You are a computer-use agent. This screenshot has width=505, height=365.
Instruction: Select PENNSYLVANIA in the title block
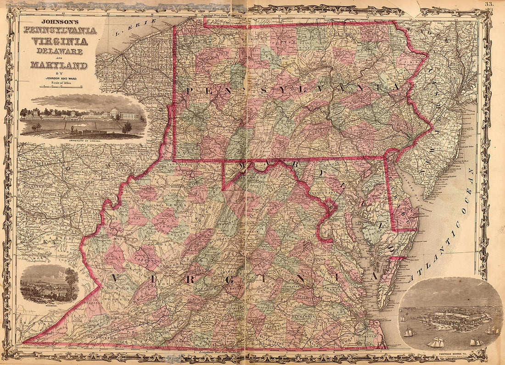click(x=60, y=31)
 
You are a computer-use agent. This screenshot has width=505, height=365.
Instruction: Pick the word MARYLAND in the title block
click(x=59, y=65)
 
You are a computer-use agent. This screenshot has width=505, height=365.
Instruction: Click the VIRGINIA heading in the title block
click(x=59, y=40)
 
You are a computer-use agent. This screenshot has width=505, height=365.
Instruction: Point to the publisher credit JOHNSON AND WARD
click(x=59, y=77)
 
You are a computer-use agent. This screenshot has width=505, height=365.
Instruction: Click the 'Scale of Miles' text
click(x=59, y=82)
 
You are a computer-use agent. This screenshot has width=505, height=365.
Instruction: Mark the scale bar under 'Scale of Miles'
click(x=59, y=86)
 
